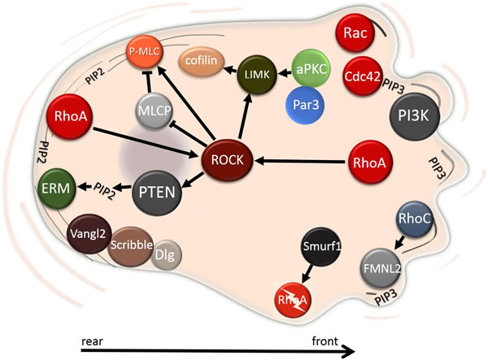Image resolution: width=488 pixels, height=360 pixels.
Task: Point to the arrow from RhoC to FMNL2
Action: [398, 241]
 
